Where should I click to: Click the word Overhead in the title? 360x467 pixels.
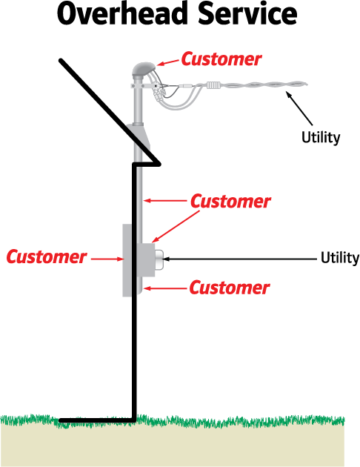point(121,13)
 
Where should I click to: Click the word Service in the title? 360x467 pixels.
point(247,13)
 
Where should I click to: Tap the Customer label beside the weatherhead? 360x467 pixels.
point(221,59)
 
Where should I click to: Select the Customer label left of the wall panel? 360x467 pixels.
point(47,256)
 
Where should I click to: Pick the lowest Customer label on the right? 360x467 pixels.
point(230,288)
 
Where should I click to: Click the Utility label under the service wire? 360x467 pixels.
point(321,137)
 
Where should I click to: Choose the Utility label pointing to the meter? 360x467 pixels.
point(340,258)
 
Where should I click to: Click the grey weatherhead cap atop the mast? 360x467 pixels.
point(144,69)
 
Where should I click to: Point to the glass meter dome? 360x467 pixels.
point(159,259)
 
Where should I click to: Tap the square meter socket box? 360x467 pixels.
point(146,259)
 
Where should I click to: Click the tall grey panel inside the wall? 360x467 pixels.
point(127,260)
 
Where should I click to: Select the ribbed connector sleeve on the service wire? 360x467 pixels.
point(213,85)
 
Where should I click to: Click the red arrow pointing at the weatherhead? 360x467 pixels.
point(168,62)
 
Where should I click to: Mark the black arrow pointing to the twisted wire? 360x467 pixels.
point(299,108)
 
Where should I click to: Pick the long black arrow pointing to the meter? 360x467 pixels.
point(239,259)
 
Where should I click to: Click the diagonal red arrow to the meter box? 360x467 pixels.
point(176,227)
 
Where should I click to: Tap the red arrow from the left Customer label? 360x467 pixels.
point(107,259)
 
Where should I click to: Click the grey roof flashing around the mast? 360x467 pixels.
point(139,137)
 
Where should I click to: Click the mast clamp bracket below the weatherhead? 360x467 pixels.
point(144,86)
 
